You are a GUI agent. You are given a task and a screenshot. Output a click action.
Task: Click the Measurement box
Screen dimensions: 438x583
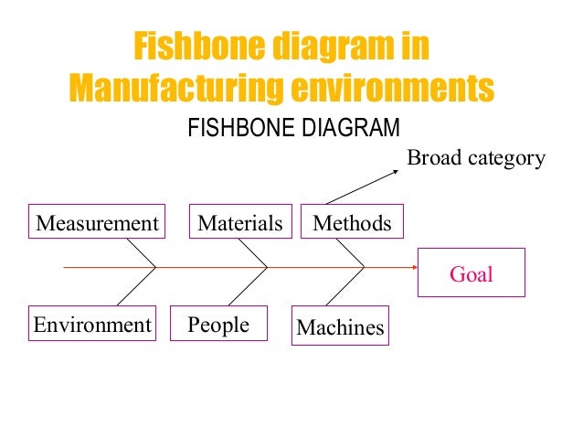[x=97, y=222]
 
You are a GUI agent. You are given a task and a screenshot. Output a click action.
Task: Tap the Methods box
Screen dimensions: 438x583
[x=352, y=222]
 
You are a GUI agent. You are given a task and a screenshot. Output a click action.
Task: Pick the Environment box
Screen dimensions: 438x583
[x=92, y=324]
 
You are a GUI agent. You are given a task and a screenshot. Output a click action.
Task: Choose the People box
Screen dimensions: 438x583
[x=218, y=325]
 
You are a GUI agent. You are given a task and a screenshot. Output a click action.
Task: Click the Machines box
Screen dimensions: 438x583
[x=341, y=326]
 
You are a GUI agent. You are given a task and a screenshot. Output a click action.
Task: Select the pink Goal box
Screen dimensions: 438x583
[x=471, y=273]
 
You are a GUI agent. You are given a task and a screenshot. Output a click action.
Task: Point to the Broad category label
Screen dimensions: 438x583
[x=475, y=158]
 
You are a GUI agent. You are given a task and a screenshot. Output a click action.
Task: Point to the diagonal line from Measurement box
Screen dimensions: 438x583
[x=142, y=253]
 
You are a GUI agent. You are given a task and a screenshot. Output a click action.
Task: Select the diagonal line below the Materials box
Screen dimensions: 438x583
[x=252, y=253]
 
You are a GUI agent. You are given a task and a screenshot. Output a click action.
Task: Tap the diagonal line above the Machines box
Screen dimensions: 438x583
[x=344, y=292]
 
